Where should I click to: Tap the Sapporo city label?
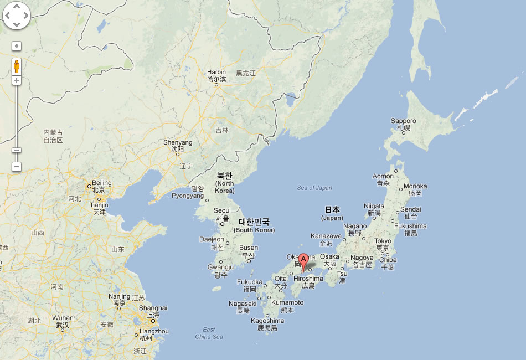pyautogui.click(x=403, y=121)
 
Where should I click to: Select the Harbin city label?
pyautogui.click(x=216, y=73)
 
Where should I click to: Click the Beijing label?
pyautogui.click(x=101, y=183)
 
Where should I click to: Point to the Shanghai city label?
pyautogui.click(x=153, y=308)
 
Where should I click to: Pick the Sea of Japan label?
pyautogui.click(x=314, y=188)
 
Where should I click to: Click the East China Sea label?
pyautogui.click(x=209, y=333)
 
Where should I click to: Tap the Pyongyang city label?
pyautogui.click(x=188, y=196)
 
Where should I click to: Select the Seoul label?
pyautogui.click(x=222, y=211)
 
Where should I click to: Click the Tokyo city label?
pyautogui.click(x=383, y=241)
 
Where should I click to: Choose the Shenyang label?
pyautogui.click(x=178, y=143)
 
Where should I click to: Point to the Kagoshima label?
pyautogui.click(x=267, y=321)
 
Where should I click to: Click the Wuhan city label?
pyautogui.click(x=63, y=318)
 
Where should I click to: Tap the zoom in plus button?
pyautogui.click(x=17, y=80)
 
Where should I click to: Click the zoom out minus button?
pyautogui.click(x=17, y=166)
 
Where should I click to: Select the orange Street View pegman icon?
pyautogui.click(x=17, y=66)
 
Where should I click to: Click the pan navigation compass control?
pyautogui.click(x=17, y=16)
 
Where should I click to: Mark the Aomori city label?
pyautogui.click(x=383, y=177)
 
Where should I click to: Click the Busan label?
pyautogui.click(x=249, y=248)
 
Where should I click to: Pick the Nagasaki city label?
pyautogui.click(x=243, y=304)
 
